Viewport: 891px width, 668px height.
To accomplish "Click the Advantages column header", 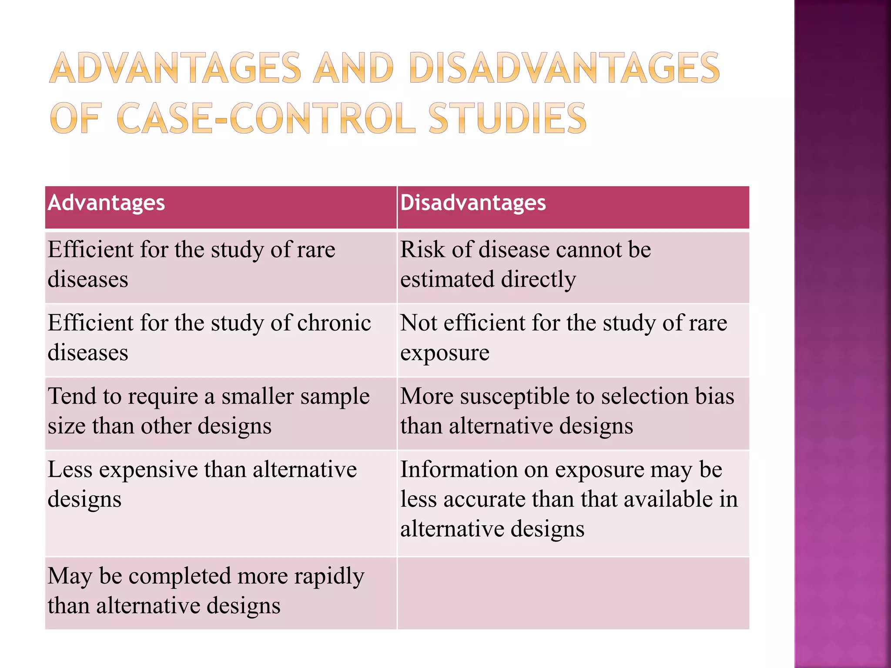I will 107,203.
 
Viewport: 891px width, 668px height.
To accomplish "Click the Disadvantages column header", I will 473,203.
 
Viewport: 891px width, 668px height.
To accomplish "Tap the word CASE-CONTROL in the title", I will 266,118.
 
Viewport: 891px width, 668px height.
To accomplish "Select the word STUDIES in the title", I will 507,118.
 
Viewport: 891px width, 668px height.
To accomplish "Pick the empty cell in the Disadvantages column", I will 573,593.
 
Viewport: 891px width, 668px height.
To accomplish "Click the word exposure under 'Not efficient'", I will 445,353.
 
